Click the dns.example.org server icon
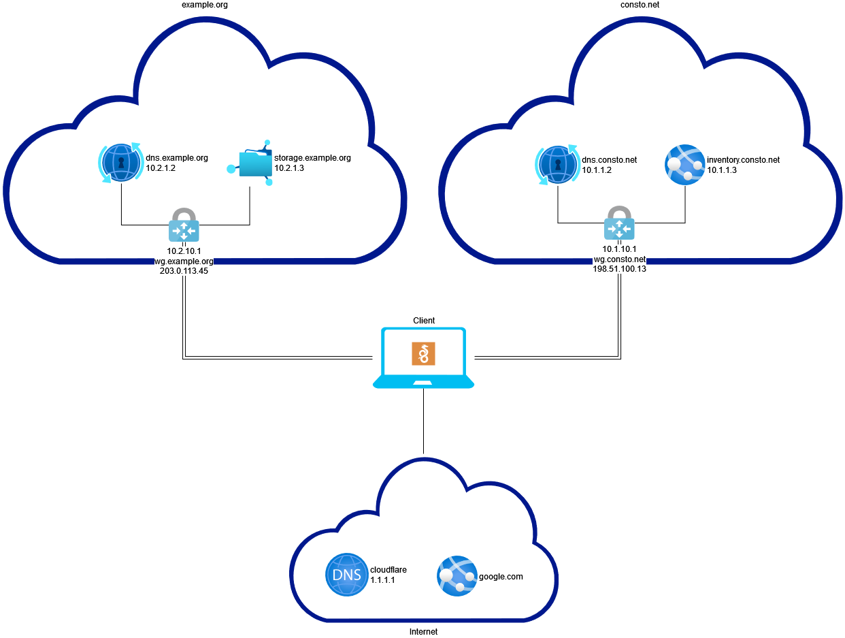(x=121, y=163)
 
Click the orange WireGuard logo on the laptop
(x=423, y=354)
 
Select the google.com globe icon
(x=457, y=576)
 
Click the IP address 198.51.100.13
(x=619, y=269)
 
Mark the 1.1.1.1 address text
(x=382, y=580)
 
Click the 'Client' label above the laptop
(x=423, y=320)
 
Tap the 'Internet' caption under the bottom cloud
(x=423, y=631)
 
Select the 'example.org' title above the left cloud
(x=203, y=5)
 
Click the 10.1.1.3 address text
(x=723, y=170)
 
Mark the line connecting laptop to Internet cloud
(x=423, y=422)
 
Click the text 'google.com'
(x=501, y=576)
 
